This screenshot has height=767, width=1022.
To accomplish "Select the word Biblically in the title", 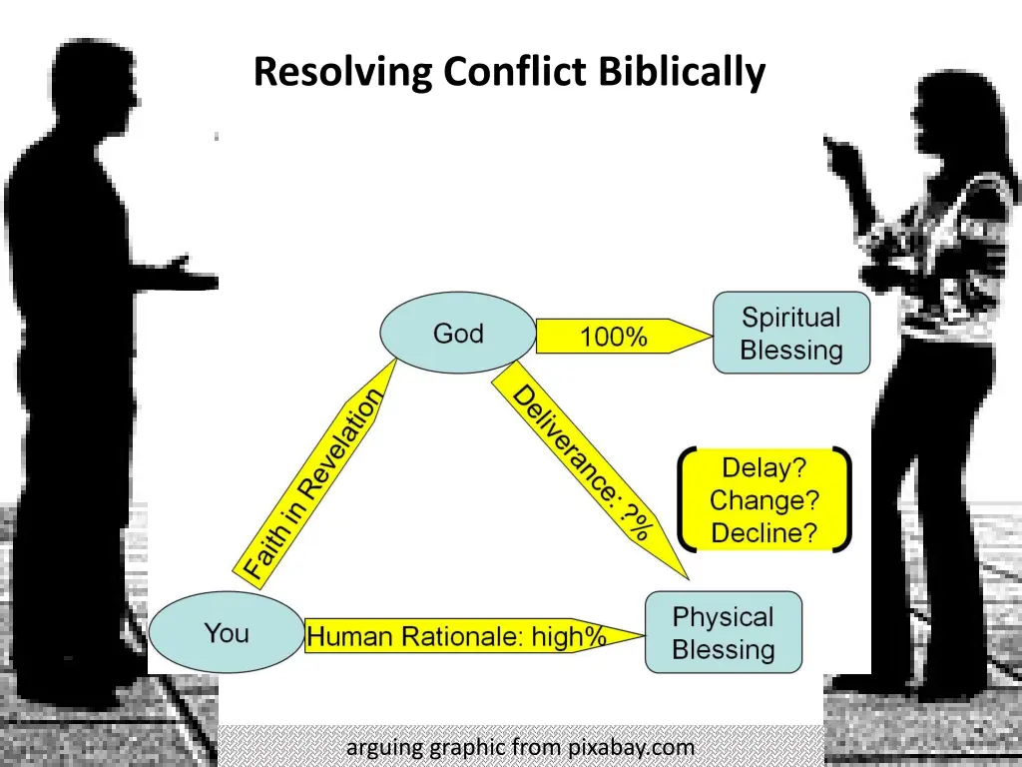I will click(683, 73).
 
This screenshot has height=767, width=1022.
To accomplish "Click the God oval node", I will click(458, 334).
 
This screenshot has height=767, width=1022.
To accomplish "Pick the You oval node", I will click(227, 633).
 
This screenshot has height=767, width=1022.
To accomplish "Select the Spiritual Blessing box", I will click(791, 334).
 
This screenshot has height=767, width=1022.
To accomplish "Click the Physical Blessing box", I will click(724, 633).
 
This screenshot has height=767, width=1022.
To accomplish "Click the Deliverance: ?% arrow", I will click(585, 463).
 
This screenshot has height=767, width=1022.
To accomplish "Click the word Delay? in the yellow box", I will click(764, 467).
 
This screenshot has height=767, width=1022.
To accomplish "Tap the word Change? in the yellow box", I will click(764, 500).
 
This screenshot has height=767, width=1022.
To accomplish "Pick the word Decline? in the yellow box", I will click(764, 533).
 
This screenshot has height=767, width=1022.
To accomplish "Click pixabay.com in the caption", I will click(631, 747).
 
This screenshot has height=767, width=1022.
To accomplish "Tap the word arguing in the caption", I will click(384, 748).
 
